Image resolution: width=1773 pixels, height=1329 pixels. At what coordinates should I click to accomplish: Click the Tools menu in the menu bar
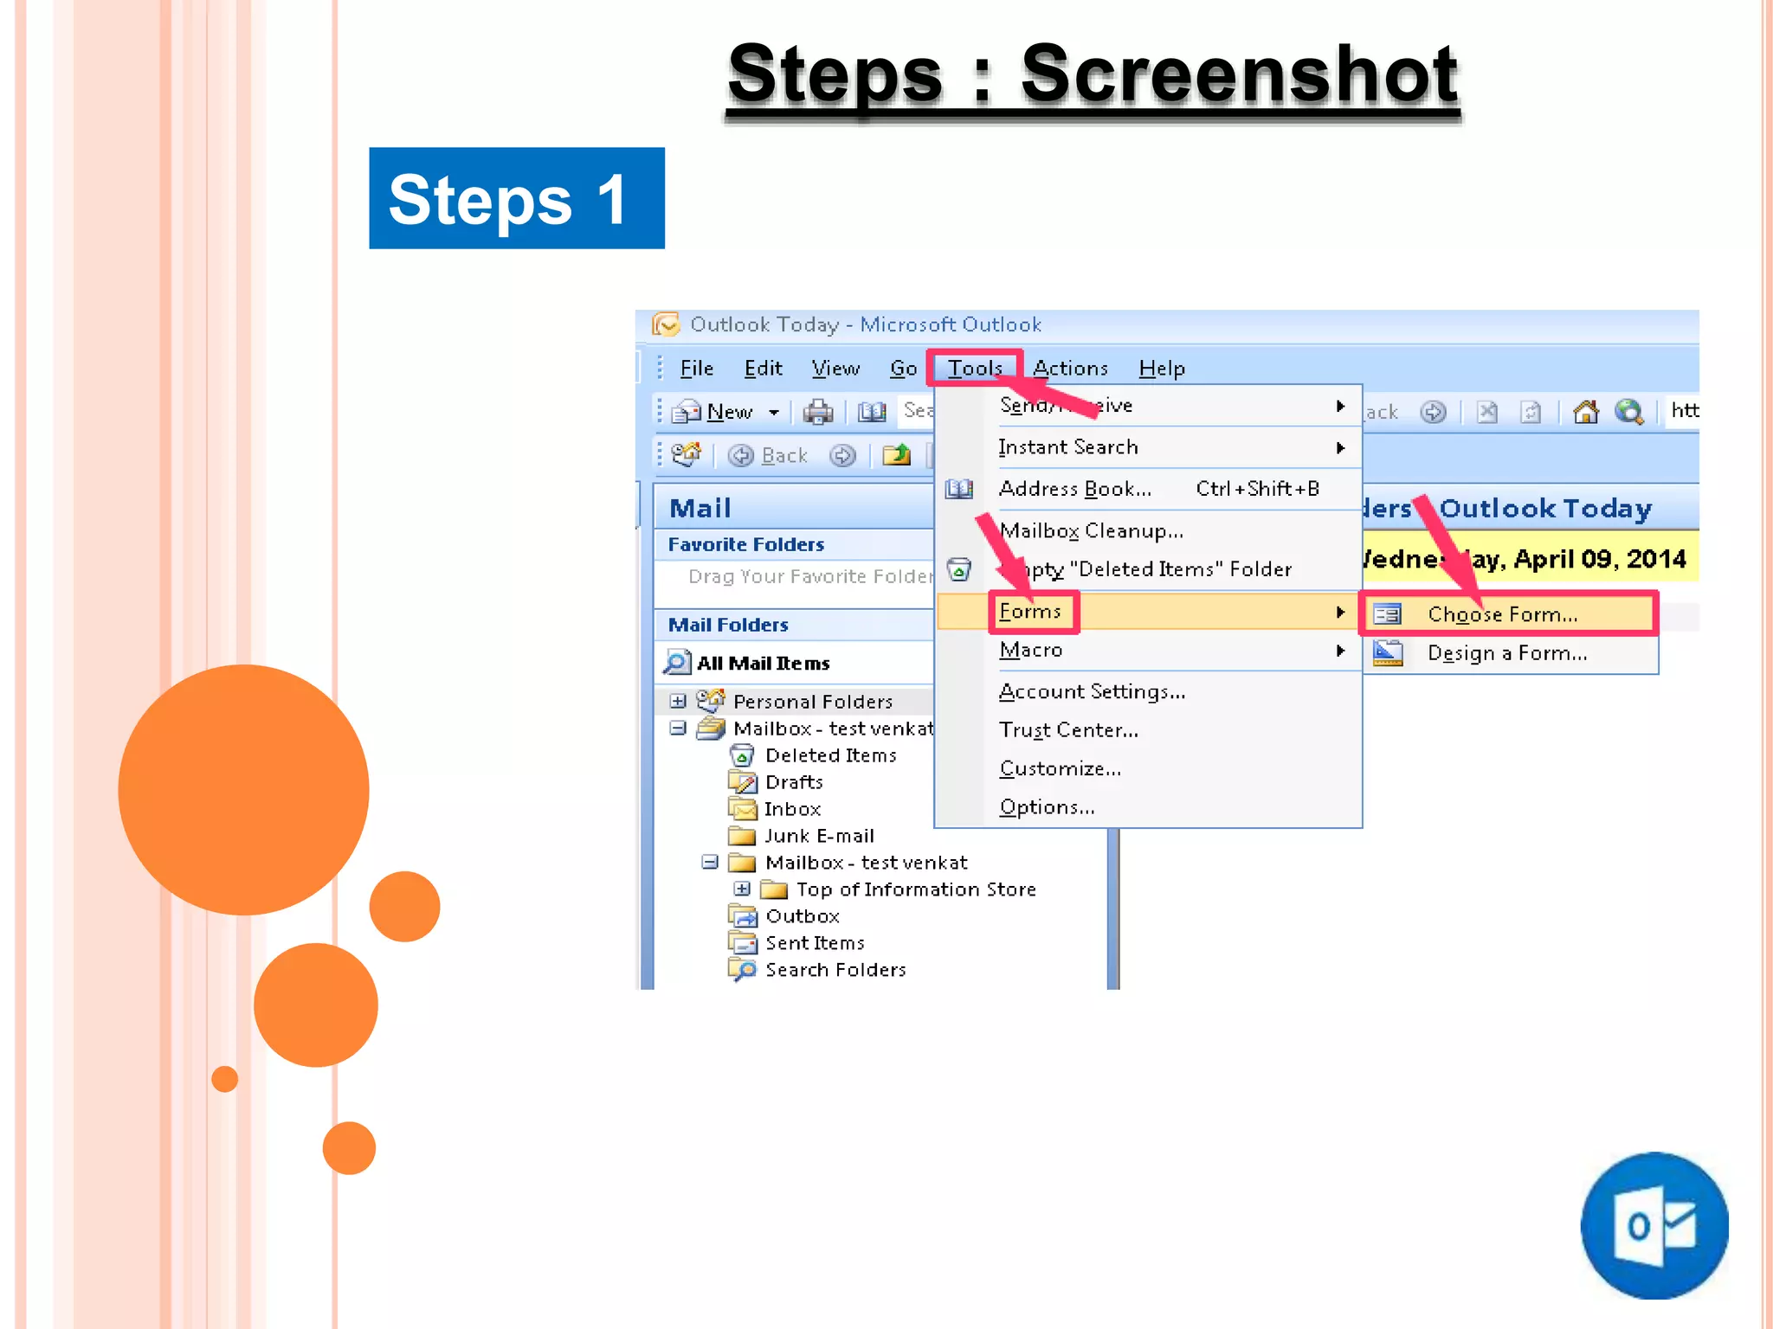coord(974,369)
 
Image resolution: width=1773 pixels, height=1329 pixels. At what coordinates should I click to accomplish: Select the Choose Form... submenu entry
coord(1502,614)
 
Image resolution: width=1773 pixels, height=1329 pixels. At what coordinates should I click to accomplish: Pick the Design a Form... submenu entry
coord(1506,653)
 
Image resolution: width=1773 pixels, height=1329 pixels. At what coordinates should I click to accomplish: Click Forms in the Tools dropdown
coord(1030,612)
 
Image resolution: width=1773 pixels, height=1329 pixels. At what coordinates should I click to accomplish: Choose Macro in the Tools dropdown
coord(1030,650)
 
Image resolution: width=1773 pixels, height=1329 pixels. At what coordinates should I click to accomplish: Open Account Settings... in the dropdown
coord(1092,691)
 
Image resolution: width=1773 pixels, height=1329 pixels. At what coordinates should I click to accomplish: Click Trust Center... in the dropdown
coord(1068,730)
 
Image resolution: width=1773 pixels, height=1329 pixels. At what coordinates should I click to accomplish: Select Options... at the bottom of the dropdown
coord(1047,807)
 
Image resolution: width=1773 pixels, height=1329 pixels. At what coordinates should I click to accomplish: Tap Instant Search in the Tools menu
coord(1067,447)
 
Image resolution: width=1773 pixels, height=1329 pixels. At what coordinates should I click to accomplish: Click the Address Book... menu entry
coord(1074,489)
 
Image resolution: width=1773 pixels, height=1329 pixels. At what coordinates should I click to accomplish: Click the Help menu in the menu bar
coord(1161,369)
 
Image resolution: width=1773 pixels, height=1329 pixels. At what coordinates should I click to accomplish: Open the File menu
coord(696,369)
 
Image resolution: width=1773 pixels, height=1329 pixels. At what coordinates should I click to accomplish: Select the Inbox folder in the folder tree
coord(792,809)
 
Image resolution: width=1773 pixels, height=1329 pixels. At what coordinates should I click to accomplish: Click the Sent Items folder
coord(815,943)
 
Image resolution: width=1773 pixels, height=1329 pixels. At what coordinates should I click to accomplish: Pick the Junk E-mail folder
coord(819,836)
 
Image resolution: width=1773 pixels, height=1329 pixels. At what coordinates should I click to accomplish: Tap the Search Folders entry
coord(835,970)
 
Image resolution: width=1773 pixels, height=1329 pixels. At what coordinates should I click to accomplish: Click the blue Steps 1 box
coord(516,198)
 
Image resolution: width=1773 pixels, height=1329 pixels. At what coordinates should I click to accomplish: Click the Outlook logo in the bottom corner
coord(1654,1225)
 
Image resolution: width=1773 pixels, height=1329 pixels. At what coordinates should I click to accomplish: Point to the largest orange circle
coord(243,789)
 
